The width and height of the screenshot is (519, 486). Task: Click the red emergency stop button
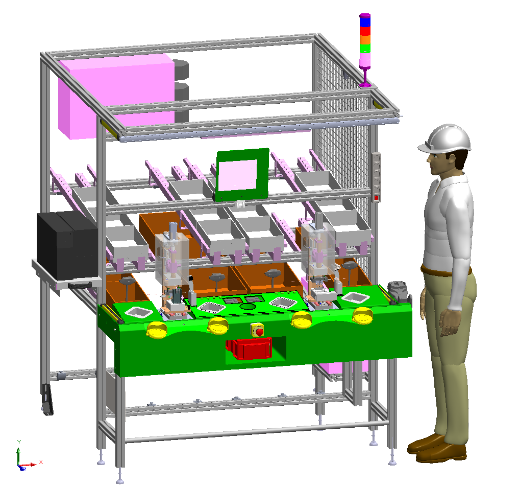click(259, 332)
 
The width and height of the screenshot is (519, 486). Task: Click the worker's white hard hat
click(446, 138)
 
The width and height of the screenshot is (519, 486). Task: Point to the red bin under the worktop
click(249, 349)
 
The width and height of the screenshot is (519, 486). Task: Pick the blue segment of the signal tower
click(365, 22)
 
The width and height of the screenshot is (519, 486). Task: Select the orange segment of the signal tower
click(365, 39)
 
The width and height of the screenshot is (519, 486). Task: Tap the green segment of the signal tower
click(365, 48)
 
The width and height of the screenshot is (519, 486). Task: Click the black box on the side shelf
click(67, 245)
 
